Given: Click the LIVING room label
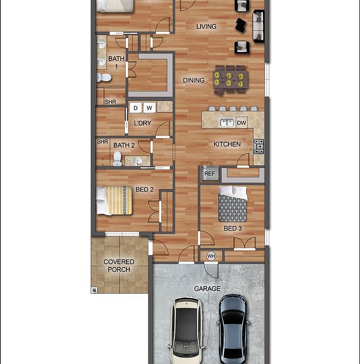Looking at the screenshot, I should [x=206, y=26].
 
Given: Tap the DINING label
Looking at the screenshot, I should [x=194, y=80].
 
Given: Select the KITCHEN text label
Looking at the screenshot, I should [x=227, y=144].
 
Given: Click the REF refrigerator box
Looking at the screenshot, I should [x=209, y=173].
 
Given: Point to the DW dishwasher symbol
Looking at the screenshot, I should [x=242, y=122].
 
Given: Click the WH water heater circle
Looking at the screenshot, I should [x=211, y=256].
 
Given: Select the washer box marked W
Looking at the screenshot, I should [x=149, y=108].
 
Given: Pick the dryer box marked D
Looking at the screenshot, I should [x=136, y=108].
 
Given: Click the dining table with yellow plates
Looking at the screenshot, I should [x=231, y=79].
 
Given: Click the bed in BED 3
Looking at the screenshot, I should [x=233, y=204].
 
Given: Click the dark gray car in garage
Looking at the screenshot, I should [x=234, y=326].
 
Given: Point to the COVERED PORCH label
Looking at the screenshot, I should [x=119, y=265].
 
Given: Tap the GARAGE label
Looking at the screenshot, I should [x=207, y=289].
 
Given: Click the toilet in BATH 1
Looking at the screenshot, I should [x=104, y=77].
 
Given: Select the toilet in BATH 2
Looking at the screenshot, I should [x=117, y=160].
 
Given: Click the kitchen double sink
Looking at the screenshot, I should [x=226, y=122].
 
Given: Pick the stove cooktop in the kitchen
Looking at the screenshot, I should [x=258, y=146].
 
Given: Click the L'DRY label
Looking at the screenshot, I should [x=142, y=123].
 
